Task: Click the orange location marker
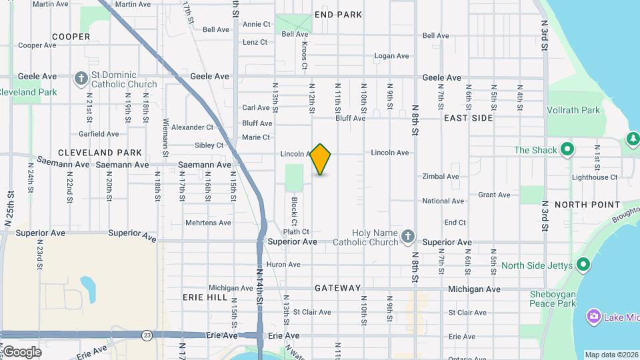tap(321, 159)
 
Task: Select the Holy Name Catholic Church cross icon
tap(408, 236)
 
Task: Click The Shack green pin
tap(567, 149)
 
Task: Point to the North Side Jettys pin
tap(583, 265)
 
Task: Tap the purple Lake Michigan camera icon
tap(593, 317)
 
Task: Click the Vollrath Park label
tap(573, 111)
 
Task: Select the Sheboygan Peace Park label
tap(552, 299)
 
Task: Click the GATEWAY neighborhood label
tap(338, 288)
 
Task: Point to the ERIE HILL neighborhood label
tap(205, 297)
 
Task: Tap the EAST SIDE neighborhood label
tap(468, 118)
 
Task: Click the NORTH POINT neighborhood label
tap(587, 205)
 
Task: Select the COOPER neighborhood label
tap(71, 37)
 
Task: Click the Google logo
tap(22, 351)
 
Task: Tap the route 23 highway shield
tap(147, 335)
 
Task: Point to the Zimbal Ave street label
tap(441, 177)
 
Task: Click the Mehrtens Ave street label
tap(208, 223)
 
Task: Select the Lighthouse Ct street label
tap(595, 177)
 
